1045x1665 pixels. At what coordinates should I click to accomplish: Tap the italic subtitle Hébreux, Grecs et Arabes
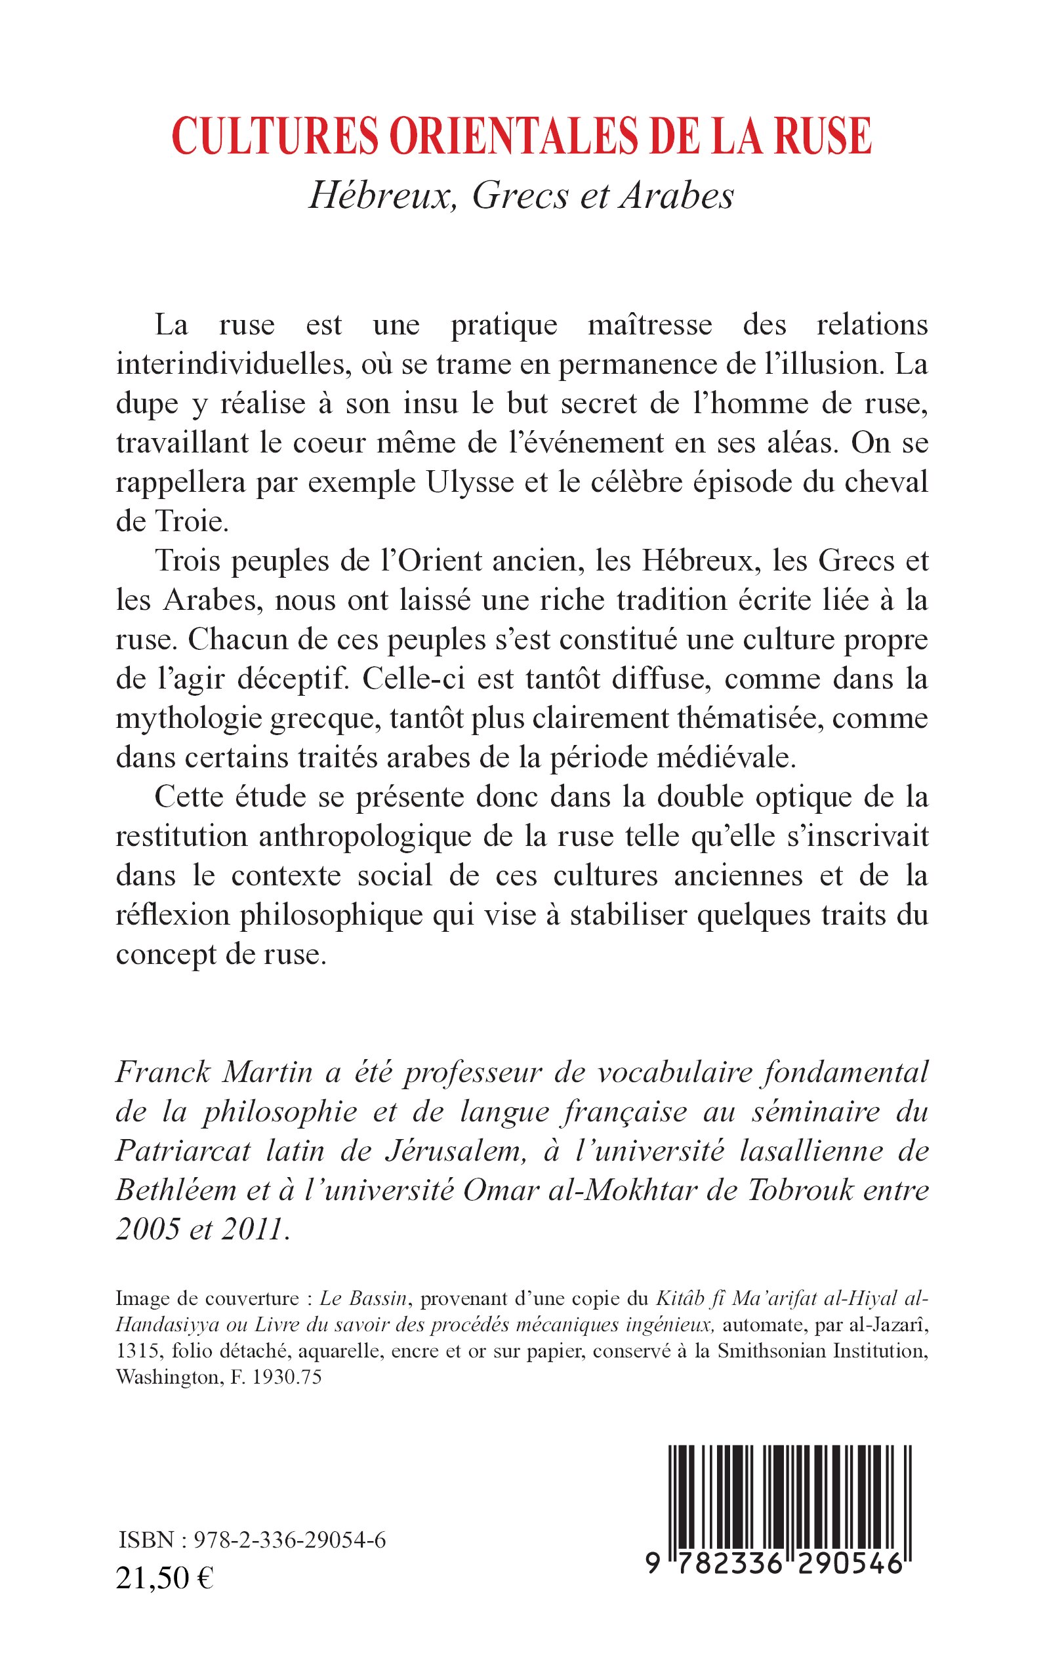pyautogui.click(x=522, y=196)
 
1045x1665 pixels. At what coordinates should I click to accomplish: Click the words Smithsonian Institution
pyautogui.click(x=821, y=1352)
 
